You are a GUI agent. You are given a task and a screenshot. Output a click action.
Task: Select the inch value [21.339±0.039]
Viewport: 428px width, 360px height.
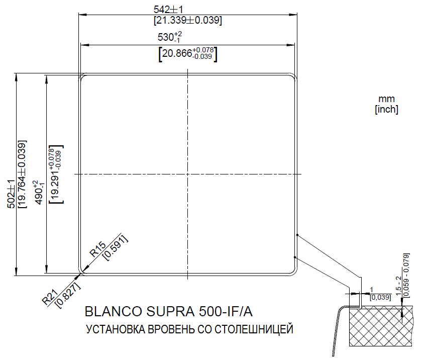pyautogui.click(x=187, y=21)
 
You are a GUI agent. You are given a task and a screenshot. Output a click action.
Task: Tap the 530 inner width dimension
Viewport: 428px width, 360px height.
pyautogui.click(x=169, y=37)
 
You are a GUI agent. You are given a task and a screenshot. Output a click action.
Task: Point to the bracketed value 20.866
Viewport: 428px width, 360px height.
pyautogui.click(x=187, y=54)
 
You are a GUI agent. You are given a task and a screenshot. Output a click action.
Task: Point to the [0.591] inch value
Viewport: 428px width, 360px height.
pyautogui.click(x=115, y=248)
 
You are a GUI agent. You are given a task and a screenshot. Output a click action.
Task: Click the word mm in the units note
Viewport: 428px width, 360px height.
pyautogui.click(x=387, y=99)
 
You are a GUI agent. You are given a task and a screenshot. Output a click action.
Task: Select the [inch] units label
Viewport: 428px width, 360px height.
pyautogui.click(x=386, y=110)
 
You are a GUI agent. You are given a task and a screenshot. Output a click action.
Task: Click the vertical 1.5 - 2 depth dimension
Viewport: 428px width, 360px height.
pyautogui.click(x=398, y=286)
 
